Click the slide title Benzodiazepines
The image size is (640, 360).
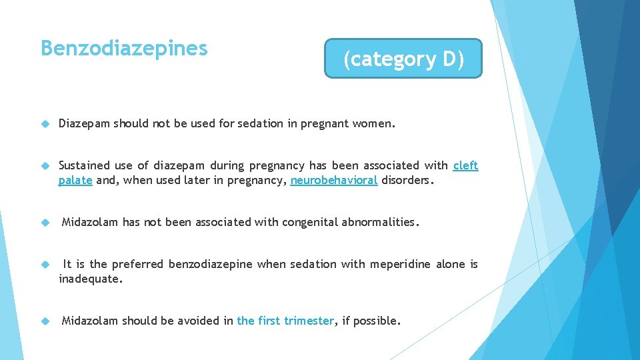click(124, 49)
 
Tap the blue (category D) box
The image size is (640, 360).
click(403, 59)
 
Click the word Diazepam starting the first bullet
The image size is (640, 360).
click(84, 123)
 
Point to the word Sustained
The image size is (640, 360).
click(85, 165)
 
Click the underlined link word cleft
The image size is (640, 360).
click(465, 165)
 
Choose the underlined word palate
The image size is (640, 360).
click(75, 180)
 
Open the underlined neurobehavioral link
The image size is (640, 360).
click(334, 180)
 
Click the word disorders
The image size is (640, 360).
click(407, 180)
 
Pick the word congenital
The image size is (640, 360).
click(311, 222)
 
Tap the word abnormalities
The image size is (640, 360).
click(380, 222)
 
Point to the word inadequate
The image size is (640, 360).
click(90, 279)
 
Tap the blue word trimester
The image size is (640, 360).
click(308, 321)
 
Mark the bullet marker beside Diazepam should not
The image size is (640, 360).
click(45, 124)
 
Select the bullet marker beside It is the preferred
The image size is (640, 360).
click(45, 265)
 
